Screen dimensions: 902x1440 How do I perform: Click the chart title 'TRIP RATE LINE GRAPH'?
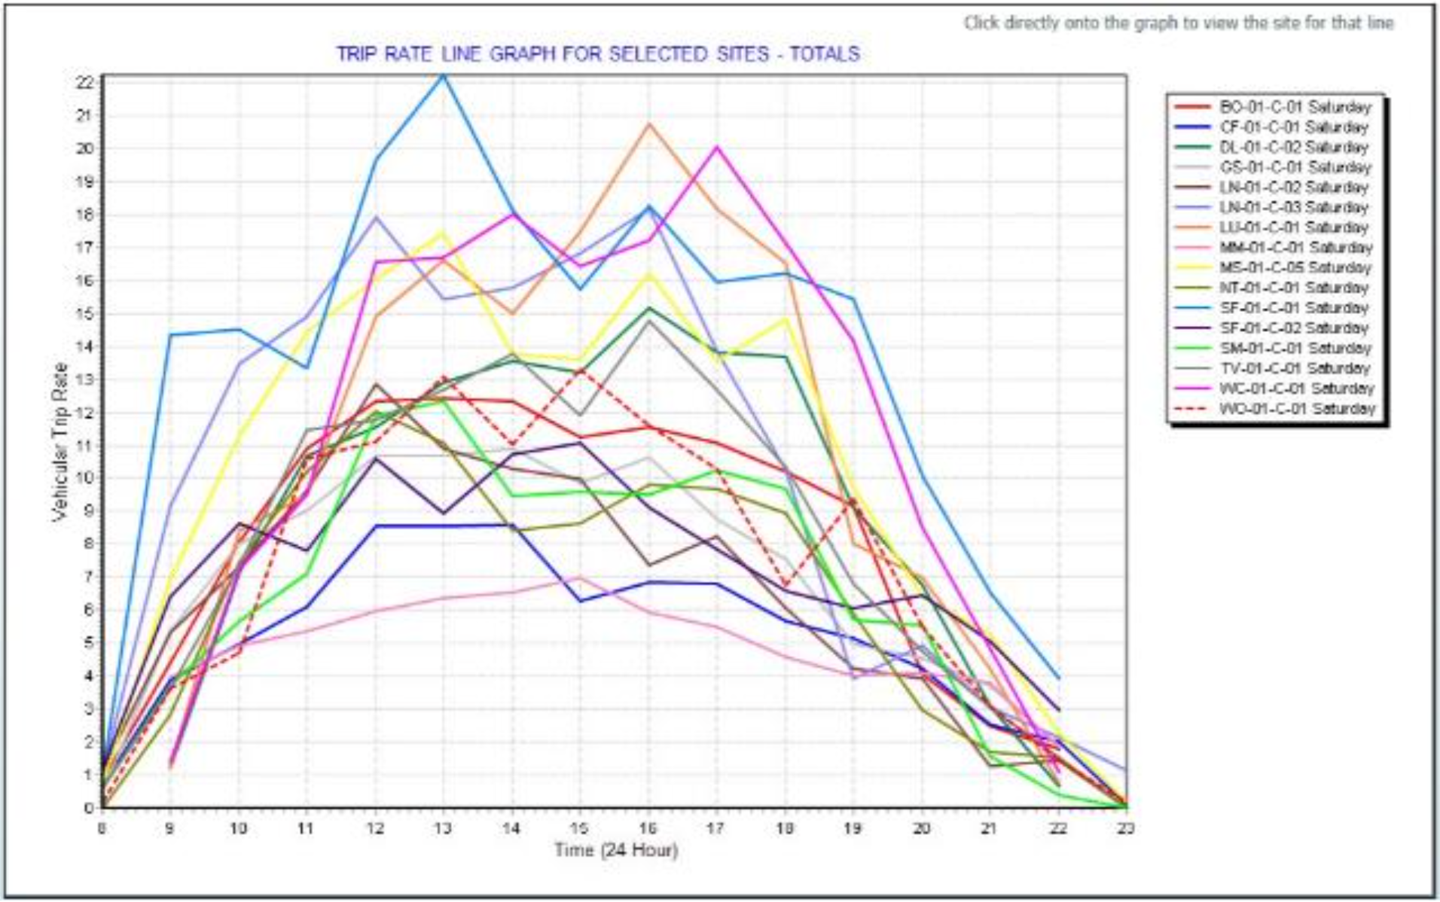tap(597, 54)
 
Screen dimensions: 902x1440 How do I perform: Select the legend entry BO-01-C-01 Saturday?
tap(1295, 107)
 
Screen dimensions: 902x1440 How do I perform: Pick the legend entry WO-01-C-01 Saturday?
tap(1297, 409)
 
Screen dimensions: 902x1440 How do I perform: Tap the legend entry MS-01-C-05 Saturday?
tap(1295, 268)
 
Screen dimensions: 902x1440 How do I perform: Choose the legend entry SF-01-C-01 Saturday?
tap(1294, 308)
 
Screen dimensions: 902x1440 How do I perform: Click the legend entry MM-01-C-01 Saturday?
tap(1295, 248)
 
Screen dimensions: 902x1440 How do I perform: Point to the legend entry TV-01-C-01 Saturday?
tap(1294, 368)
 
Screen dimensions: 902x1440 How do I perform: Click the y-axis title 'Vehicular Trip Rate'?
tap(60, 442)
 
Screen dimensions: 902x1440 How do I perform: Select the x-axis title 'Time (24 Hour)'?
tap(616, 850)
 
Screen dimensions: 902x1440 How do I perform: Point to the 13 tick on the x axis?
tap(444, 828)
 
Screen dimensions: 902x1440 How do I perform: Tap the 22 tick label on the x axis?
tap(1058, 828)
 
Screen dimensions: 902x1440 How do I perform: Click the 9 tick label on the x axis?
tap(170, 828)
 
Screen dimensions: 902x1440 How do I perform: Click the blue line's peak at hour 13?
tap(444, 75)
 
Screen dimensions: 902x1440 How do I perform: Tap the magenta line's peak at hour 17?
tap(717, 147)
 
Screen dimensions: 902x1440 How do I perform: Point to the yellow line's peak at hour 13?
tap(444, 233)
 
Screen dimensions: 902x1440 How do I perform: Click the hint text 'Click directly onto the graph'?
tap(1179, 23)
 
